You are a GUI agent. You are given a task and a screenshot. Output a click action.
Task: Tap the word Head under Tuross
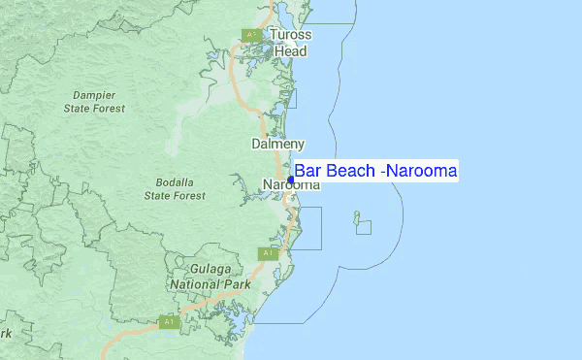coord(289,51)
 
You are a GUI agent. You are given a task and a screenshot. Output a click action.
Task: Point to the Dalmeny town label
coord(278,144)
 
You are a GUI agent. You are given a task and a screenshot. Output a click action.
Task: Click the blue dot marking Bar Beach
coord(291,180)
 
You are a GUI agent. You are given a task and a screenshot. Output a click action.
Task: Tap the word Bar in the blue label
coord(307,171)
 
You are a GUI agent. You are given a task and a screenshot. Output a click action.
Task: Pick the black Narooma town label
coord(291,185)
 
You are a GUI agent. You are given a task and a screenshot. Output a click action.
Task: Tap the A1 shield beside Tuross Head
coord(250,36)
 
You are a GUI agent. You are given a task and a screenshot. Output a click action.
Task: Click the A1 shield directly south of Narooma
coord(268,253)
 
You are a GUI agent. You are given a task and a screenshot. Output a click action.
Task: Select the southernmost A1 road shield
coord(168,321)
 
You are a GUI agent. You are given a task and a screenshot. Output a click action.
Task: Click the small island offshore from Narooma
coord(356,215)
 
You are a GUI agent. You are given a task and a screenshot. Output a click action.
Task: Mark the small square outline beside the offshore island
coord(364,227)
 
